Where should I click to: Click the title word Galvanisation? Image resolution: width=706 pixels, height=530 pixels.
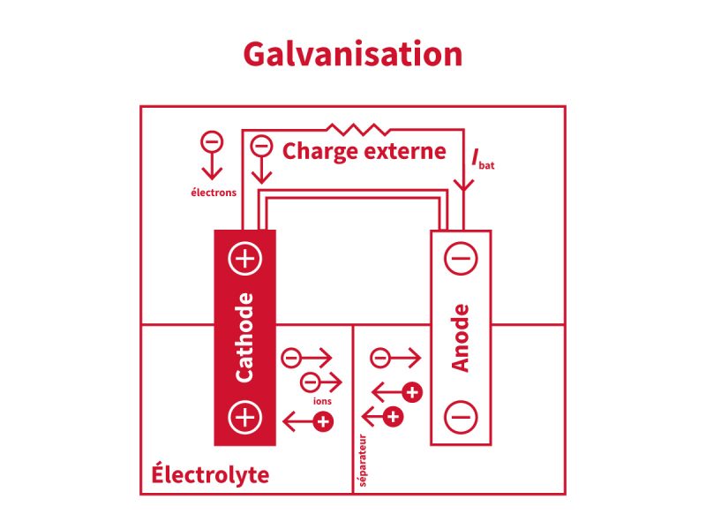pyautogui.click(x=353, y=54)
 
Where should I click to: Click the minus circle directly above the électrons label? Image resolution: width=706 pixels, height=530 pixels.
pyautogui.click(x=212, y=141)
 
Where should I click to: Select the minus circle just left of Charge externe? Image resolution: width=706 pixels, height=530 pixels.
pyautogui.click(x=261, y=146)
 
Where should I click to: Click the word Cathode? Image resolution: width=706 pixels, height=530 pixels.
pyautogui.click(x=244, y=337)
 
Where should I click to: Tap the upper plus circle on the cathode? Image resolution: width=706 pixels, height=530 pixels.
pyautogui.click(x=244, y=259)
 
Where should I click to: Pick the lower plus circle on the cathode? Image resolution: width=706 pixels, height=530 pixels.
pyautogui.click(x=244, y=416)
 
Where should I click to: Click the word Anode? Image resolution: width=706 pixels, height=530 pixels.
pyautogui.click(x=460, y=338)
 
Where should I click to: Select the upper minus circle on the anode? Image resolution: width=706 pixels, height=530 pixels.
pyautogui.click(x=460, y=259)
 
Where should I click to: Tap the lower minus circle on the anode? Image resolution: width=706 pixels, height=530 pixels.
pyautogui.click(x=460, y=415)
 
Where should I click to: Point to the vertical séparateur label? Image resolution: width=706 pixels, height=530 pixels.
pyautogui.click(x=363, y=460)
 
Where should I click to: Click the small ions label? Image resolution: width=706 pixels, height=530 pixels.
pyautogui.click(x=322, y=401)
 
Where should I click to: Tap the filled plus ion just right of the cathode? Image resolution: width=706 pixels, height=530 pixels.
pyautogui.click(x=324, y=422)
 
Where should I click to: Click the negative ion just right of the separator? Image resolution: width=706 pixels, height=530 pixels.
pyautogui.click(x=380, y=358)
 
